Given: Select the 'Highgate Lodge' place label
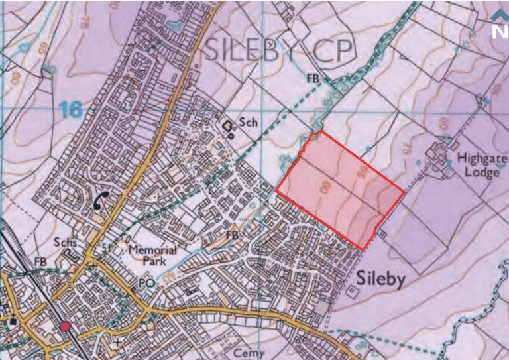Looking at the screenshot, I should [482, 166].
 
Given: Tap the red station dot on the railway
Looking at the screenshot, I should [65, 326].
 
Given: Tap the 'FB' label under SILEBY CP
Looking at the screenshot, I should [312, 78].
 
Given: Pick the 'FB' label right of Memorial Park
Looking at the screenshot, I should [231, 235].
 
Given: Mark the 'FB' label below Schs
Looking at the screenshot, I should [40, 263].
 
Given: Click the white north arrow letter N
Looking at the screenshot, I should [500, 31].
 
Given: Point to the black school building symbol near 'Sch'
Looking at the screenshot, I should [228, 126].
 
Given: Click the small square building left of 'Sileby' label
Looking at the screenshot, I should [350, 290].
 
